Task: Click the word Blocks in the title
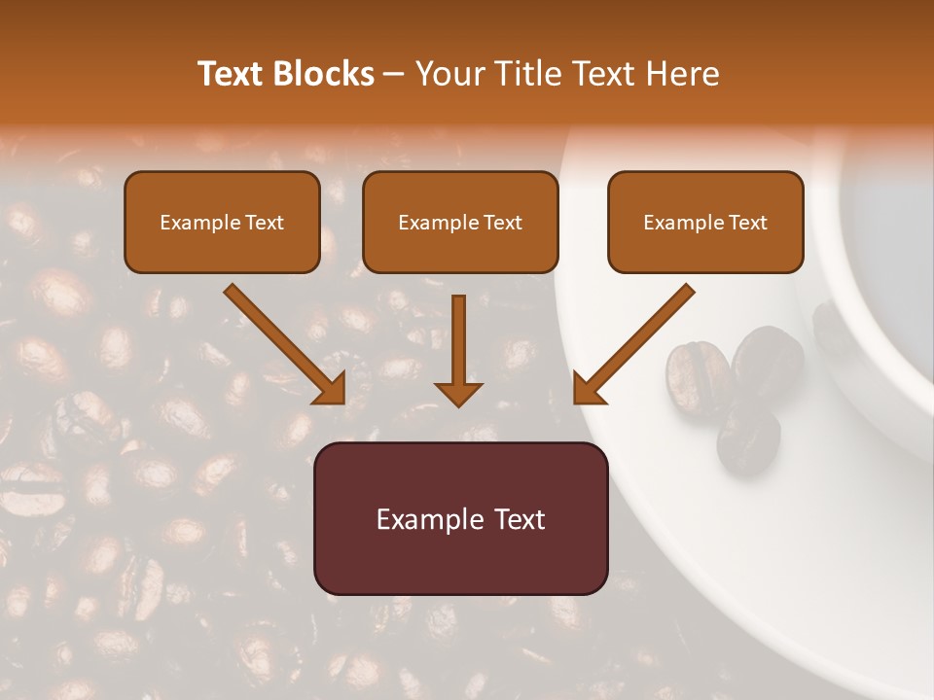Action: [x=324, y=74]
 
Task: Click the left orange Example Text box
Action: [x=222, y=223]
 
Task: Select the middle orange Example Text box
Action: [x=460, y=223]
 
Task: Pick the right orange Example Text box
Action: [x=705, y=223]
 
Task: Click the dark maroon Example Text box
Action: [x=460, y=518]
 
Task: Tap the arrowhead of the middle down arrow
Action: [x=458, y=394]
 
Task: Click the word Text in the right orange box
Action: [x=747, y=223]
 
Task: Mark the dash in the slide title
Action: [x=394, y=74]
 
